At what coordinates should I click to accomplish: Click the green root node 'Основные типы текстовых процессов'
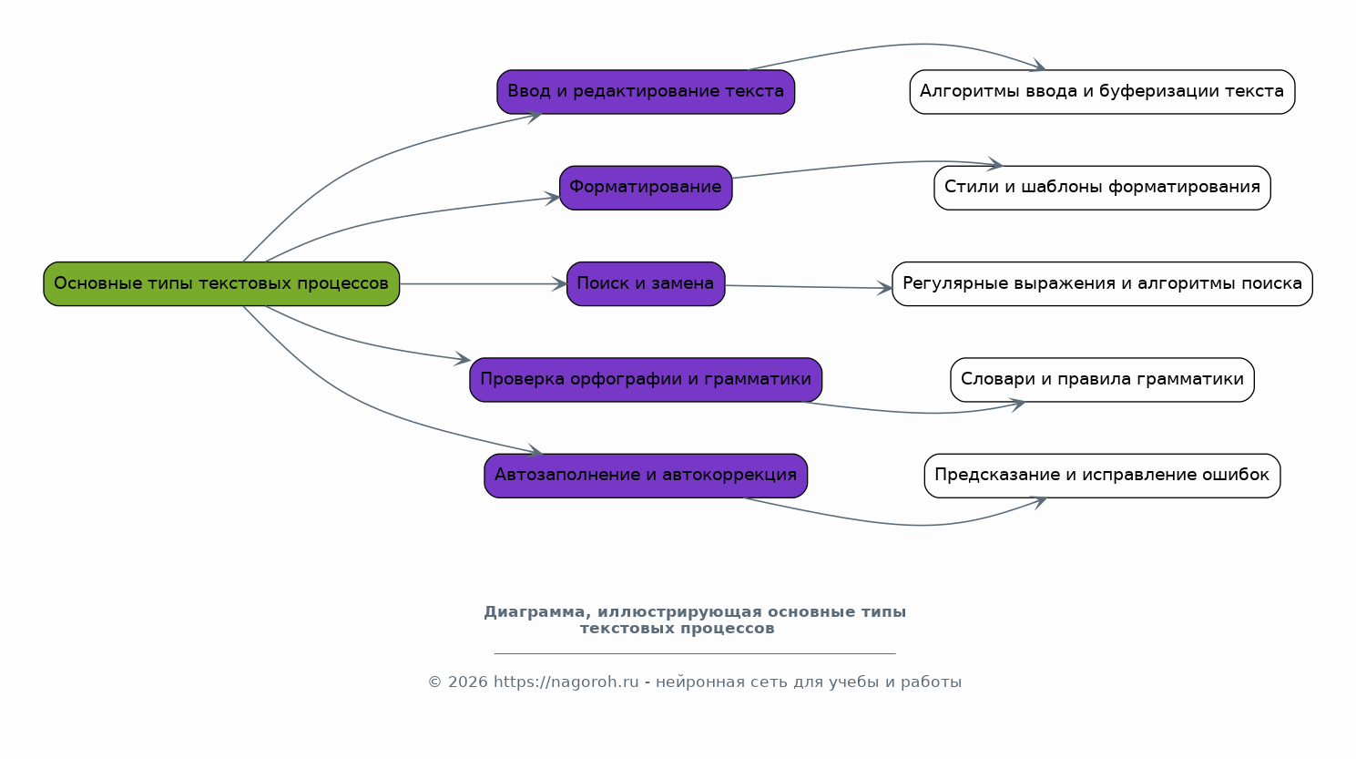221,283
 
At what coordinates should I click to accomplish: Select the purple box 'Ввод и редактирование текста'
646,92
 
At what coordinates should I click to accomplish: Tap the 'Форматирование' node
646,188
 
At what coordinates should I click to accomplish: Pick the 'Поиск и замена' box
646,283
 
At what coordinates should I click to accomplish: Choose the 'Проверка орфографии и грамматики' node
646,380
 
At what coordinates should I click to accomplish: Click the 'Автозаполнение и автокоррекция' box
646,476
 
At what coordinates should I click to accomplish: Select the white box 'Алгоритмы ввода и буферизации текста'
1102,92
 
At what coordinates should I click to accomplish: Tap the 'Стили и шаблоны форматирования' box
1102,188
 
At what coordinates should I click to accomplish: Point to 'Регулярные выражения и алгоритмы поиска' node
1102,283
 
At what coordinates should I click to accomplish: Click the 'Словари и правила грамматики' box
1102,380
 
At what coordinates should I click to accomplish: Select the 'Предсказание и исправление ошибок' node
1102,476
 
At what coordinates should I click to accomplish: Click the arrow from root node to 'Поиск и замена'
483,284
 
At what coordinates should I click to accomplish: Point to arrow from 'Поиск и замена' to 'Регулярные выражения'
809,287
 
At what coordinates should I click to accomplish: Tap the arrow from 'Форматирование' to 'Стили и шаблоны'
865,165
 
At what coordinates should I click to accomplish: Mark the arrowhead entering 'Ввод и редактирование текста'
534,115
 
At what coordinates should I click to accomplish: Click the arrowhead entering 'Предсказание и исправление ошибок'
1038,500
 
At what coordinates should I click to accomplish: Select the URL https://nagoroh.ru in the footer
566,682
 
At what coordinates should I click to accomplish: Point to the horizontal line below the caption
695,653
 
